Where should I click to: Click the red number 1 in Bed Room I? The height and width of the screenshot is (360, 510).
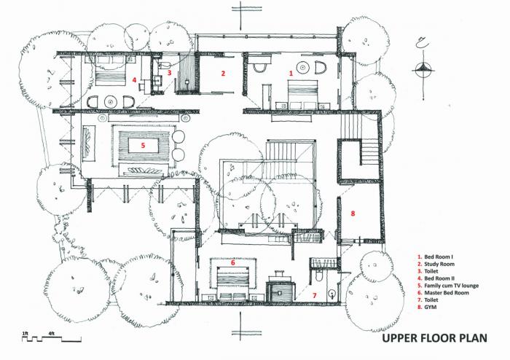pyautogui.click(x=291, y=74)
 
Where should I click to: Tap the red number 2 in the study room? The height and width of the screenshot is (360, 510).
pyautogui.click(x=224, y=73)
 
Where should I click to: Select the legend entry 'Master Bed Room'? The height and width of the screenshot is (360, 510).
pyautogui.click(x=445, y=293)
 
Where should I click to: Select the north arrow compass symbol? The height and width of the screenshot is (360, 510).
pyautogui.click(x=424, y=68)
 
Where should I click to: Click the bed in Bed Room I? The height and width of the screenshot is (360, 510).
pyautogui.click(x=302, y=93)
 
